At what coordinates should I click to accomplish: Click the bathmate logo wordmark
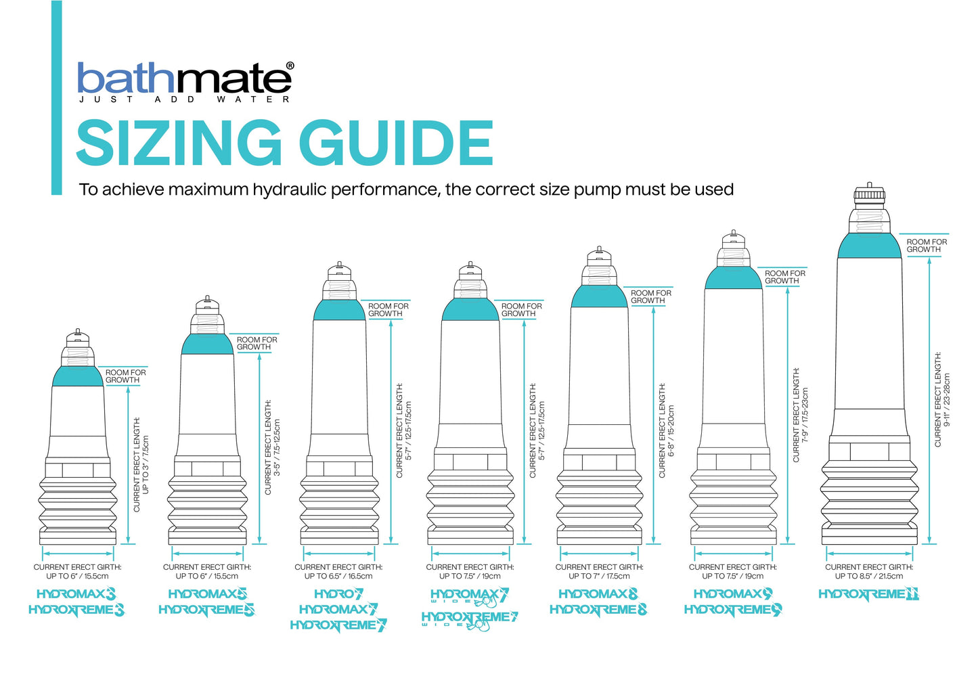click(184, 78)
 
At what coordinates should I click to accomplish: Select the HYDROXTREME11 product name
click(868, 594)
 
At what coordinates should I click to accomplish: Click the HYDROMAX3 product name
click(76, 594)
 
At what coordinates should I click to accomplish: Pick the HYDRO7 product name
click(338, 594)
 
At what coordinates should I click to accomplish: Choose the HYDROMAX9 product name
click(733, 594)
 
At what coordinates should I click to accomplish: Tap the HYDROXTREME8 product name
click(598, 610)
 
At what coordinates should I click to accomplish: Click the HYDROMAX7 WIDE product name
click(469, 596)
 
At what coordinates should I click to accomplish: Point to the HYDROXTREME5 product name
click(206, 610)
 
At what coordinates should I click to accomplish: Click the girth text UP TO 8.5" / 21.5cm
click(869, 577)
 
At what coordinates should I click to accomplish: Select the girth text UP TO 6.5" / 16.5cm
click(338, 577)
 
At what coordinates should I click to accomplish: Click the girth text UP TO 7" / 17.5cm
click(599, 577)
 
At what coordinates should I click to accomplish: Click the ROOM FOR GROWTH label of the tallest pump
click(926, 246)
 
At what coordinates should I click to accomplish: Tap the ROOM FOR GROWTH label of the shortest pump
click(125, 376)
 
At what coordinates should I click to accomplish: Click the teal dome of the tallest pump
click(869, 246)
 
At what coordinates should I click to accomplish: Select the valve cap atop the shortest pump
click(78, 334)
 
